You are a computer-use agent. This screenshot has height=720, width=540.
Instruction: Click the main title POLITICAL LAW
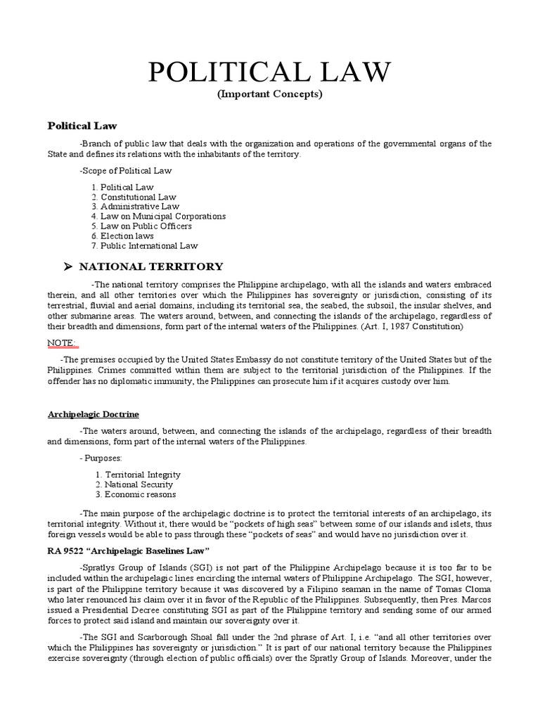269,72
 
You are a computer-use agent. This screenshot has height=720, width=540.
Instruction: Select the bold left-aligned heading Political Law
82,127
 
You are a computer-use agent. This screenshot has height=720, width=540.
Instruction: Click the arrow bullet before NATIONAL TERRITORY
68,266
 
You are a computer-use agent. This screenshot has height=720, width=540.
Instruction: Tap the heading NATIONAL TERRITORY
150,266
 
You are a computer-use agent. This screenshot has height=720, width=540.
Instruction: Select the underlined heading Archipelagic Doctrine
98,414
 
